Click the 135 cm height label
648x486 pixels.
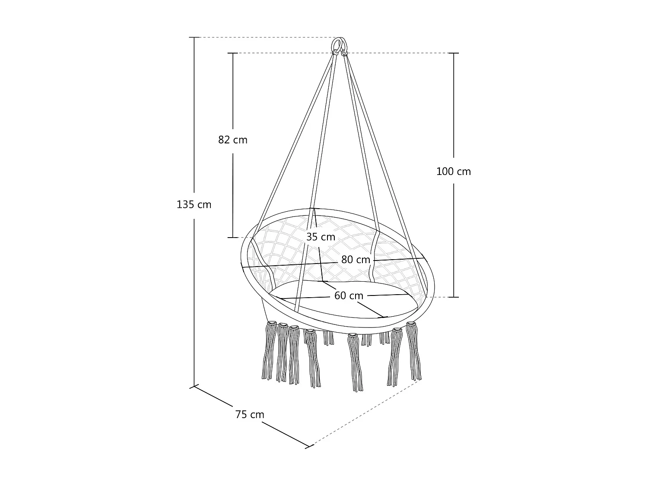pos(194,204)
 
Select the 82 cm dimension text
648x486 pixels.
pos(232,140)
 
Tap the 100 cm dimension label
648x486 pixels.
pos(454,172)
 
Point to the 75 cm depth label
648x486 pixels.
pos(250,415)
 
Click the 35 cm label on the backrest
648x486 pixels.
pos(321,237)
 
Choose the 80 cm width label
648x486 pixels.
pos(356,260)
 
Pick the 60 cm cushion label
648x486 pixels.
pos(349,295)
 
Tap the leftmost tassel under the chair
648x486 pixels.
pos(269,351)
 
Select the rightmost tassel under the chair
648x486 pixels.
pos(413,351)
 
